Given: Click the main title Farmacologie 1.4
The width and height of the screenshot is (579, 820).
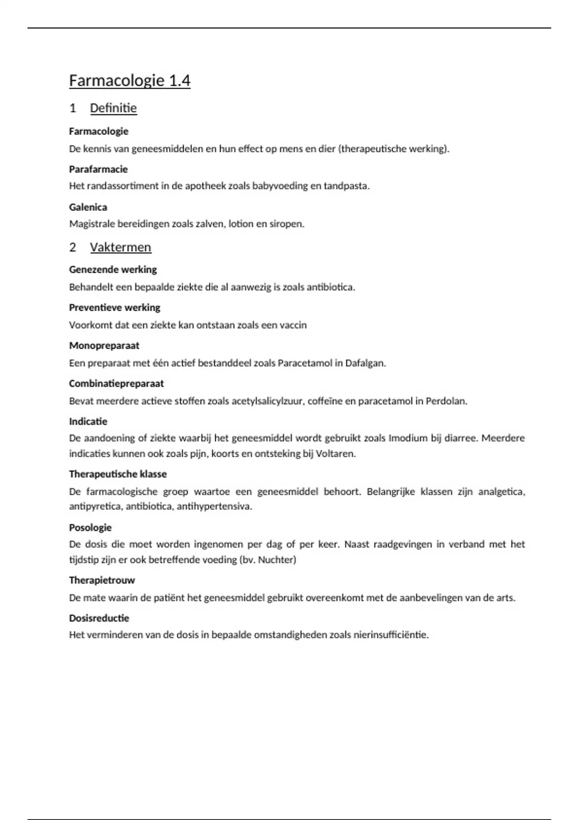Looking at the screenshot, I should tap(129, 81).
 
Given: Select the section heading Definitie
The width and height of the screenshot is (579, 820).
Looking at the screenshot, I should tap(113, 108).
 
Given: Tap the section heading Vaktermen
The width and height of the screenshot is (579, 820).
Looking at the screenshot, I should tap(121, 247).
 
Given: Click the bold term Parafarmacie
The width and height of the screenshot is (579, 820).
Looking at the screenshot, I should tap(98, 169).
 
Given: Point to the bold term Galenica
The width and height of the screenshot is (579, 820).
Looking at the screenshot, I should tap(88, 207).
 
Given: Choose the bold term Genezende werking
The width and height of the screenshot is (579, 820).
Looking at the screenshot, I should tap(113, 270).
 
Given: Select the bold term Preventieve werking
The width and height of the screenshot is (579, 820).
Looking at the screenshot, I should tap(114, 308).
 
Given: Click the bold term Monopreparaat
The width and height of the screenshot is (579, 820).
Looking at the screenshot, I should tap(104, 346).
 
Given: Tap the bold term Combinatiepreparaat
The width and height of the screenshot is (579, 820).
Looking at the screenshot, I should tap(116, 384).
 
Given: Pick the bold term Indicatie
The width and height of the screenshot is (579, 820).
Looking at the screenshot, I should tap(88, 422).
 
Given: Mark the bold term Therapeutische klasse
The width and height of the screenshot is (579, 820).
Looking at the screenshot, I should tap(118, 474).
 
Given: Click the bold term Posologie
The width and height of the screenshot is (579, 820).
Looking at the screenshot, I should tap(90, 528).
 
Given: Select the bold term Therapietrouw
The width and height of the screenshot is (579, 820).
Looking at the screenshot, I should tap(102, 580).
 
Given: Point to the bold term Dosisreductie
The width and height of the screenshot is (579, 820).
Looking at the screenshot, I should tap(99, 618).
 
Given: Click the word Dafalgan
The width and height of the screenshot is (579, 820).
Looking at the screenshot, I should tap(365, 363).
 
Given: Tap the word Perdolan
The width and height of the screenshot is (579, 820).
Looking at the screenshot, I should tap(446, 401).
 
